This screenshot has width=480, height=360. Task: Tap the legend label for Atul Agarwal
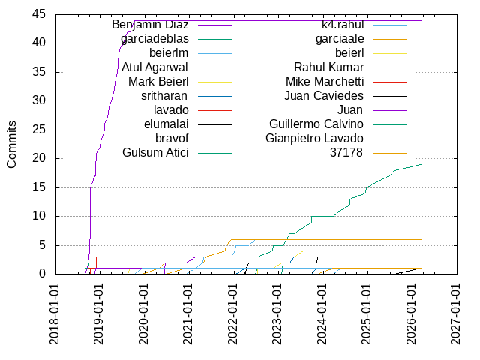pos(155,67)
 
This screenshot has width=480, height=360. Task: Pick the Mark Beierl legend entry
pos(158,82)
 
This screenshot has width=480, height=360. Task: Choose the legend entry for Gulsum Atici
pos(155,153)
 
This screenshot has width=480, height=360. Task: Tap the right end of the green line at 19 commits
pos(421,164)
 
